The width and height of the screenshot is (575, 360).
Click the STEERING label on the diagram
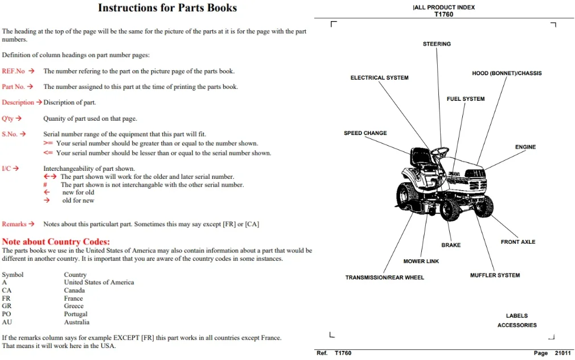point(437,44)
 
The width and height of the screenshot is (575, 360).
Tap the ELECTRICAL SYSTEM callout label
point(379,78)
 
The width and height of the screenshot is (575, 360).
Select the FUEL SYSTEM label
point(465,99)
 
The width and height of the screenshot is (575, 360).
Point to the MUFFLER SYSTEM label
point(495,275)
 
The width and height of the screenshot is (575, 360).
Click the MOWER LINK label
point(421,261)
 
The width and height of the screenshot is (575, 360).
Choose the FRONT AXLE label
point(518,242)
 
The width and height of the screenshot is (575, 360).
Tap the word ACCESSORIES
point(517,325)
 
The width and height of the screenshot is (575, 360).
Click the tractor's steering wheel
point(440,151)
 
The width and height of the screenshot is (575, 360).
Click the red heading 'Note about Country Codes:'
point(56,242)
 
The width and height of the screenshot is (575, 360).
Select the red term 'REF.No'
point(13,71)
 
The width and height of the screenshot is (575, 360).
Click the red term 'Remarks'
point(14,224)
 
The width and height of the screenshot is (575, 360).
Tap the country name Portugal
point(76,314)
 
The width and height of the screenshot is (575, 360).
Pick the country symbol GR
point(7,306)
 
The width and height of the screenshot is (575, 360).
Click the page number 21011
point(562,353)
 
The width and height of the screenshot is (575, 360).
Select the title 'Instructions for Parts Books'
point(167,8)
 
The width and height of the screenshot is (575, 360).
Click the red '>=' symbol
point(48,143)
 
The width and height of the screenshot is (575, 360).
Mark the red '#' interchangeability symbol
point(45,185)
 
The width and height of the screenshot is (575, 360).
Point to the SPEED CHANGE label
point(365,133)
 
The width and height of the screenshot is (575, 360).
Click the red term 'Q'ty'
point(8,118)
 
